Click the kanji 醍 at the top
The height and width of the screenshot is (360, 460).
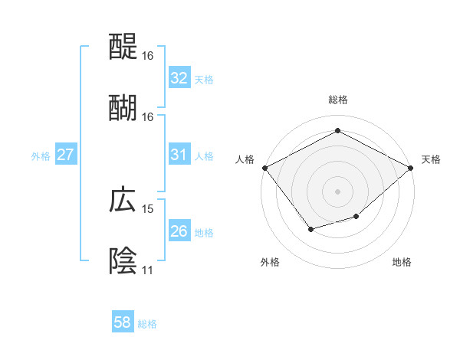point(123,47)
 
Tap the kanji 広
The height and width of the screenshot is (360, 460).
point(123,200)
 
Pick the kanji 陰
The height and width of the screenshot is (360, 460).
point(123,260)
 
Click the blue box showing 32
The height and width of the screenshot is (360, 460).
point(179,78)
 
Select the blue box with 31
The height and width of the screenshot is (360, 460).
point(179,155)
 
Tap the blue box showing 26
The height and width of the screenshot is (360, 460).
point(179,231)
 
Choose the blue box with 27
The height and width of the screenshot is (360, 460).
point(65,155)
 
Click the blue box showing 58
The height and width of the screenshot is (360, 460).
point(123,322)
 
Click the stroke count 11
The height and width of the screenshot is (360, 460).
point(147,270)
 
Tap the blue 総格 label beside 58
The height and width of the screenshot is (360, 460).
point(147,324)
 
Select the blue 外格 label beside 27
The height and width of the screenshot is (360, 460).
point(41,156)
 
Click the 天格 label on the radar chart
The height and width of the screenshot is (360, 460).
point(432,159)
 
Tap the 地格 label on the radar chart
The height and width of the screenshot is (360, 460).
point(402,262)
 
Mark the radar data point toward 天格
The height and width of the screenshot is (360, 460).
point(411,168)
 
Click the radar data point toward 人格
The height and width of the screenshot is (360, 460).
point(264,168)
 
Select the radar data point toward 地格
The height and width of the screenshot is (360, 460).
point(356,218)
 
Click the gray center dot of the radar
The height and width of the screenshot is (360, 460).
point(337,191)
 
